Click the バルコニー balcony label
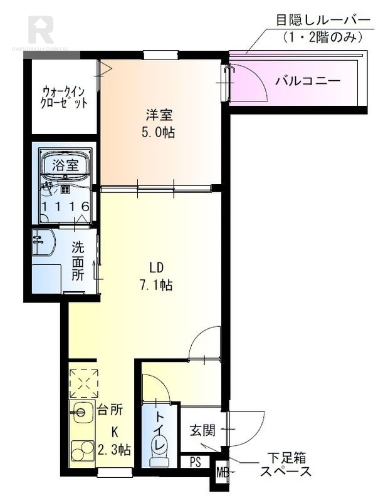(308, 80)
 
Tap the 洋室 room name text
(159, 115)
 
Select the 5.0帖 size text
(159, 132)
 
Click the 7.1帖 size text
(157, 285)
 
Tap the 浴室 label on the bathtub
(65, 165)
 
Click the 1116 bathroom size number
(66, 206)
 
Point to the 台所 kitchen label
(110, 410)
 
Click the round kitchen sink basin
(80, 412)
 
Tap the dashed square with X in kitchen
(83, 381)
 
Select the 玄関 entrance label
(202, 430)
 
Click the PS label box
(195, 463)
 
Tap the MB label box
(221, 471)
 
